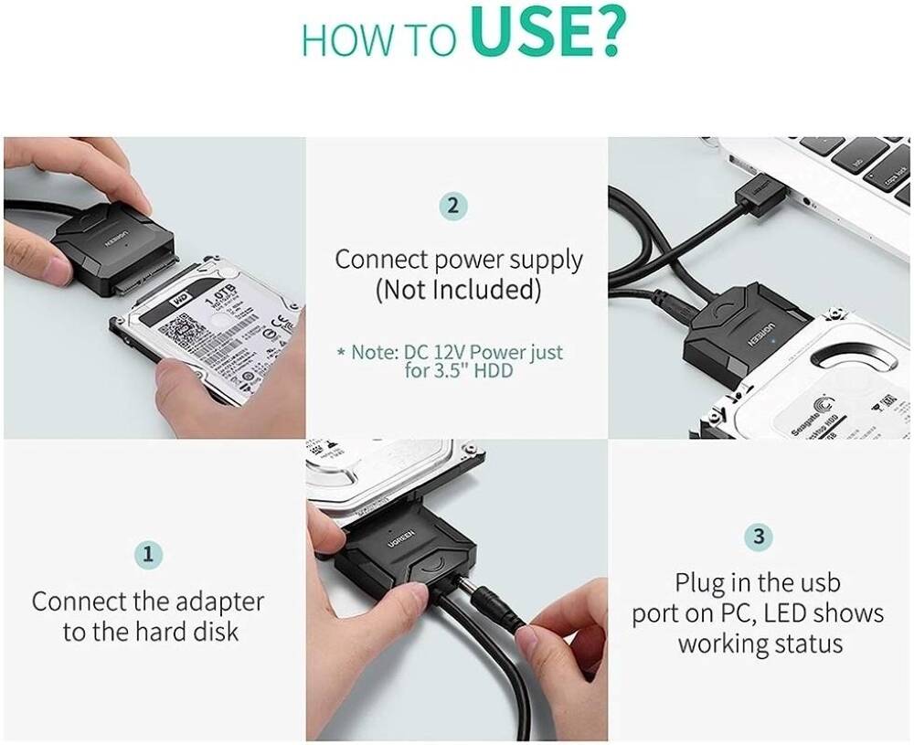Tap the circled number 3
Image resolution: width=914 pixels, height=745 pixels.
tap(759, 537)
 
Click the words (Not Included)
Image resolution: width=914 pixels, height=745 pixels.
tap(458, 290)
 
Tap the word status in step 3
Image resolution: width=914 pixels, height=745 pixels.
tap(806, 643)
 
